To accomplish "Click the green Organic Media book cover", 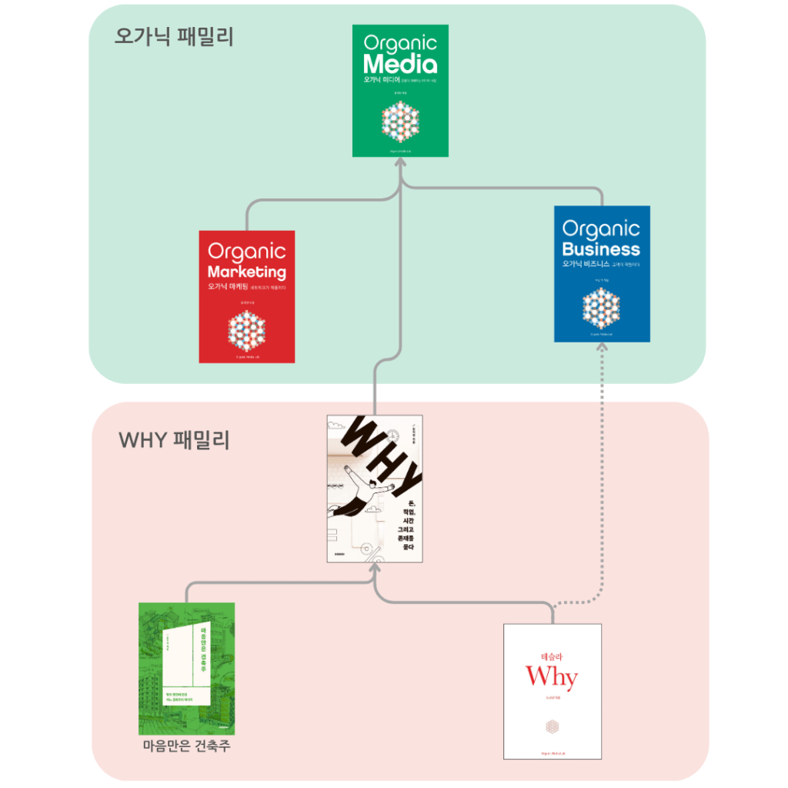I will pyautogui.click(x=400, y=91).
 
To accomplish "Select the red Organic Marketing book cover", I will pyautogui.click(x=246, y=296).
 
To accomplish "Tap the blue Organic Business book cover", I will pyautogui.click(x=602, y=273).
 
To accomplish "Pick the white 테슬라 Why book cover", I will pyautogui.click(x=553, y=691).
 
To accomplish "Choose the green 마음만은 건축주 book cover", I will pyautogui.click(x=186, y=668).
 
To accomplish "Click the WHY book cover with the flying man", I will pyautogui.click(x=375, y=489).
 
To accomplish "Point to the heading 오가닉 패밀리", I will pyautogui.click(x=174, y=36).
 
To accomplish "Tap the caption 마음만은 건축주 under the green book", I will pyautogui.click(x=186, y=746).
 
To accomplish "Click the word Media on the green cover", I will pyautogui.click(x=400, y=64).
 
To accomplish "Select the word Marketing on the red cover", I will pyautogui.click(x=246, y=272).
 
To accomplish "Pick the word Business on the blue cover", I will pyautogui.click(x=601, y=249).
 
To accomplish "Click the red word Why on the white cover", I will pyautogui.click(x=551, y=677).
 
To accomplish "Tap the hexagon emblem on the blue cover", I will pyautogui.click(x=601, y=309).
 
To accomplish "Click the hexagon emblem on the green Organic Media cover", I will pyautogui.click(x=400, y=122).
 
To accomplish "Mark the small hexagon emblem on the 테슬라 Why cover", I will pyautogui.click(x=552, y=726).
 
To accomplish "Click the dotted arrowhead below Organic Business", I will pyautogui.click(x=602, y=348).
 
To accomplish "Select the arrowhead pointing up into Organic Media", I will pyautogui.click(x=400, y=163).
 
